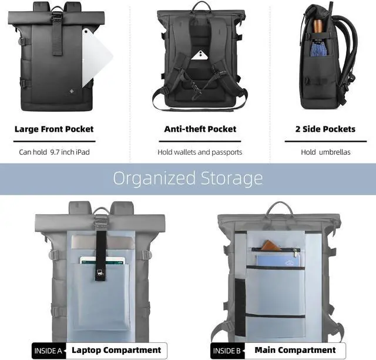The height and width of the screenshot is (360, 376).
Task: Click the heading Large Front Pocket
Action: (54, 129)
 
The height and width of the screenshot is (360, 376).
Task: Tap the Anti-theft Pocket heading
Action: (200, 129)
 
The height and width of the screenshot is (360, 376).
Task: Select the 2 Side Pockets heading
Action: (325, 129)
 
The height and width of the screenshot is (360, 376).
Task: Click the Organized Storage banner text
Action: (188, 178)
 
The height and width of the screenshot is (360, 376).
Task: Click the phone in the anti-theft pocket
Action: (200, 56)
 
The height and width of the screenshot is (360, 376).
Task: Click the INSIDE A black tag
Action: (48, 351)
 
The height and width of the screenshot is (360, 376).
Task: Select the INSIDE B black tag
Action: (226, 351)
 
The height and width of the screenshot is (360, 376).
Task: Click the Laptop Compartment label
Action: (116, 350)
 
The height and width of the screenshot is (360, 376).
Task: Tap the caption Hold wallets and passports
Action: (200, 152)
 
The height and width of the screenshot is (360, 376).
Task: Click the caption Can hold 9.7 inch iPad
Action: (54, 152)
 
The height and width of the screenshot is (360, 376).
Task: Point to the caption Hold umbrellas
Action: (325, 152)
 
